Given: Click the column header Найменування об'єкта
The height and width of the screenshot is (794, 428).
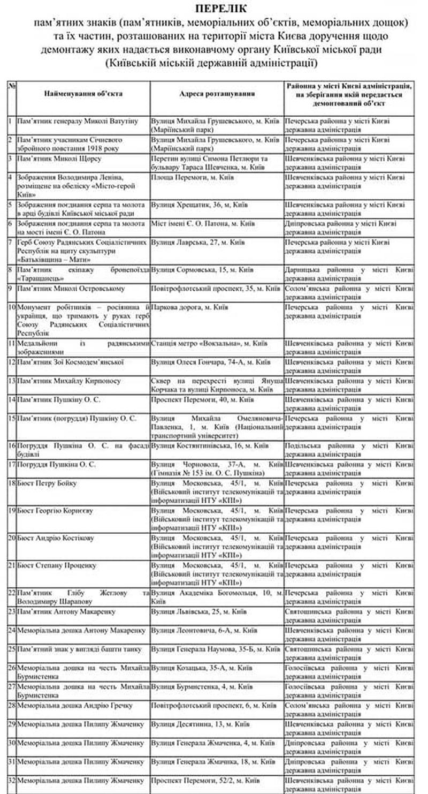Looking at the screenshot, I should (x=83, y=93).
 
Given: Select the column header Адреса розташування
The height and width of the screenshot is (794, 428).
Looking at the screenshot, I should (x=217, y=93).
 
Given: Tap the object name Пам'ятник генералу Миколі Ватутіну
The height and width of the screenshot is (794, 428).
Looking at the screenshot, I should (x=78, y=121).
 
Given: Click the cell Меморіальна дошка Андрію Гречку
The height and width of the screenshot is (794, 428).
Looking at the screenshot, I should (x=75, y=705).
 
